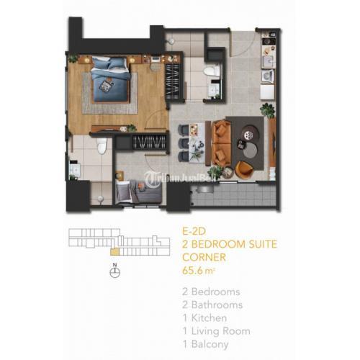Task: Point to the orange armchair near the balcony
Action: [244, 168]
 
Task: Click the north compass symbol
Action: [114, 271]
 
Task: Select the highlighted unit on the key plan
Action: [114, 252]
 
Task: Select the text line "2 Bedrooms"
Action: [210, 292]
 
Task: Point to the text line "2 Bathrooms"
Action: [212, 305]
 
